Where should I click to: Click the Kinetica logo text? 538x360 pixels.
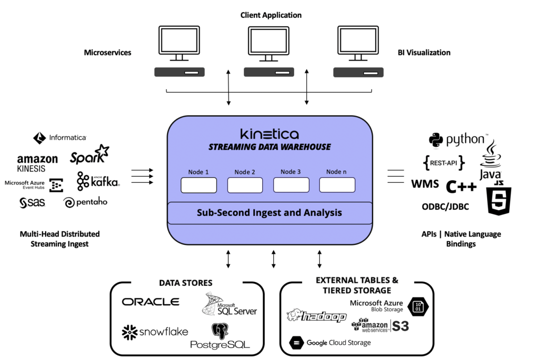pos(270,133)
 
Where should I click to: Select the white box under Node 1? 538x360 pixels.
pos(199,185)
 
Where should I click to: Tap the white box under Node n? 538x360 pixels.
pos(337,185)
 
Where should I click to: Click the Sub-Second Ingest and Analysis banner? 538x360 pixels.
pos(270,213)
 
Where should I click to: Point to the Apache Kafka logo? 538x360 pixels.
pos(98,181)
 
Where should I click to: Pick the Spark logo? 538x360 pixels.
pos(89,156)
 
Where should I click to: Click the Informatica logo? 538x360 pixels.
pos(60,138)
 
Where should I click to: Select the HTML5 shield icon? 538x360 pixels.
pos(500,199)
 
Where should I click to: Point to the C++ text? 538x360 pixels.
pos(461,187)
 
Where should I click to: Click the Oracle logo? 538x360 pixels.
pos(151,302)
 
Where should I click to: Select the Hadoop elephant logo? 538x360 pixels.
pos(316,316)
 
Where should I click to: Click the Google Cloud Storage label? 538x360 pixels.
pos(330,343)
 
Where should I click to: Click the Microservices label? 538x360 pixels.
pos(108,53)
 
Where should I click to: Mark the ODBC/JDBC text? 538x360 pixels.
pos(445,207)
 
